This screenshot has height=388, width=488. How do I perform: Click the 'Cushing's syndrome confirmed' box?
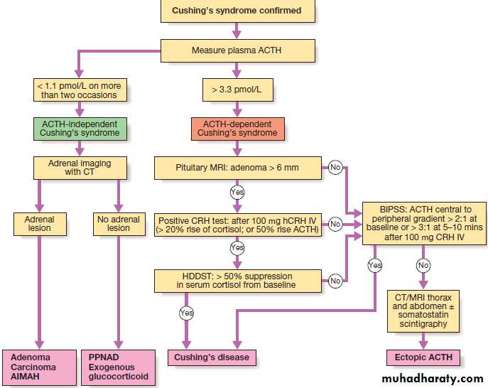[x=237, y=11]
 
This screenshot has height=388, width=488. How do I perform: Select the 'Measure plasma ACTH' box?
[x=237, y=50]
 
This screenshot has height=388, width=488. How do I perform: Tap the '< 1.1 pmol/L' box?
[x=82, y=90]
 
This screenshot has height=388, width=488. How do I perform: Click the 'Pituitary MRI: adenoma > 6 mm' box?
[x=237, y=168]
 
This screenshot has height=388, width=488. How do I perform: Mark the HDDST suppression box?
[x=237, y=280]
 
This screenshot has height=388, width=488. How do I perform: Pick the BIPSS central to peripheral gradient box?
[x=424, y=223]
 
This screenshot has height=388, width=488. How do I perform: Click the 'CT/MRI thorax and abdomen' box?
[x=424, y=310]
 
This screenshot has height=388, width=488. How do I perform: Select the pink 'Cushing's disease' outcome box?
[x=211, y=357]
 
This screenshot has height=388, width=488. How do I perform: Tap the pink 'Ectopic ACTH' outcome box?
[x=424, y=357]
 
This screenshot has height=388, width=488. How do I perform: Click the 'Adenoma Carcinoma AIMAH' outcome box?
[x=40, y=367]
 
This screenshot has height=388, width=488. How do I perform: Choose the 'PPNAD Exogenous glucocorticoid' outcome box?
[x=118, y=367]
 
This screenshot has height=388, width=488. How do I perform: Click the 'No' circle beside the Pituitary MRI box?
[x=335, y=168]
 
